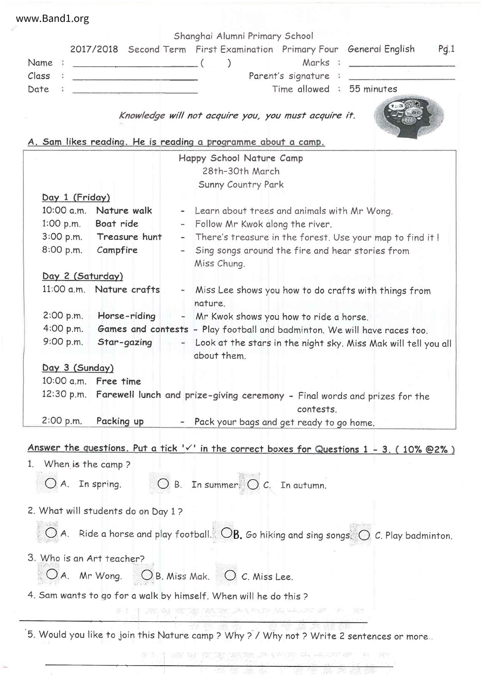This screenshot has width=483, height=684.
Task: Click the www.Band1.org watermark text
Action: (52, 19)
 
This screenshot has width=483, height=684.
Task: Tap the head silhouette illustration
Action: (409, 116)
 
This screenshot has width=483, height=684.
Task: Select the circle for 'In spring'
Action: (51, 484)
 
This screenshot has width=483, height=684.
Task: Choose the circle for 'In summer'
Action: (163, 484)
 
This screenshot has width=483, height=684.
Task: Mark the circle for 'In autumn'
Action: (253, 484)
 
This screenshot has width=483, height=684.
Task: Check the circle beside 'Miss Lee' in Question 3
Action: (230, 575)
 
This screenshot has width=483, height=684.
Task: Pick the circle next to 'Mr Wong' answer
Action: (51, 574)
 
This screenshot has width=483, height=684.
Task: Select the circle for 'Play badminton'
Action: (364, 535)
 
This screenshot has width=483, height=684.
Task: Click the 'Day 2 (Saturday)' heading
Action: (83, 276)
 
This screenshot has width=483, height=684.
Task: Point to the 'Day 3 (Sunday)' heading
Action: (78, 368)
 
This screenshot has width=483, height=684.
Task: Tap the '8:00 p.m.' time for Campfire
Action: (62, 250)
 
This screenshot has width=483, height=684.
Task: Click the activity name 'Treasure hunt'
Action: (129, 237)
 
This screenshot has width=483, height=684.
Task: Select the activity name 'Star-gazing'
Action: (125, 342)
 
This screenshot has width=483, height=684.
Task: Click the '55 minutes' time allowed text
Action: (373, 89)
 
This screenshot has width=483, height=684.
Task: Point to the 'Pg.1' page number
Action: (446, 49)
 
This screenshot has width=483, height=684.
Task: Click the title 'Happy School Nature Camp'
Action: (241, 158)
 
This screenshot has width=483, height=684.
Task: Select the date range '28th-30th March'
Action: (241, 171)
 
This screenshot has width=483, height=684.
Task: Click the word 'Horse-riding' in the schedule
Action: (127, 316)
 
